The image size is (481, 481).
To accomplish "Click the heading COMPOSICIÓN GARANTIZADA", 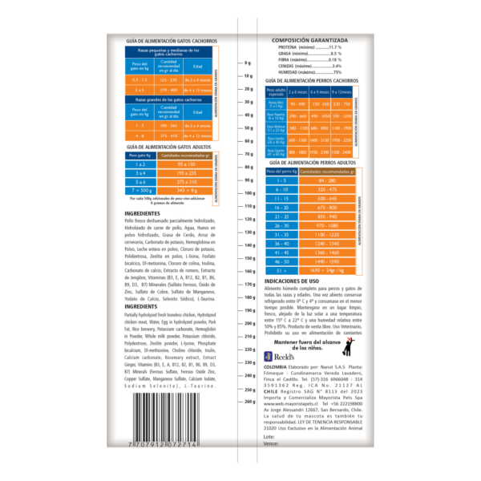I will [309, 39].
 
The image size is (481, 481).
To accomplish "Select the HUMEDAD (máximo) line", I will [309, 72].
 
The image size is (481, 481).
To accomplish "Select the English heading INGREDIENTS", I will [136, 306].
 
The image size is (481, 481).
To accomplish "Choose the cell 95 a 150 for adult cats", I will [186, 164].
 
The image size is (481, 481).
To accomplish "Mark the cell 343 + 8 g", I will [186, 190].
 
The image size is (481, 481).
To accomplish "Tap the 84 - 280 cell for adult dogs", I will [326, 180].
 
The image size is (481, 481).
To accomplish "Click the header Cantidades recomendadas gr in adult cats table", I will [186, 155].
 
